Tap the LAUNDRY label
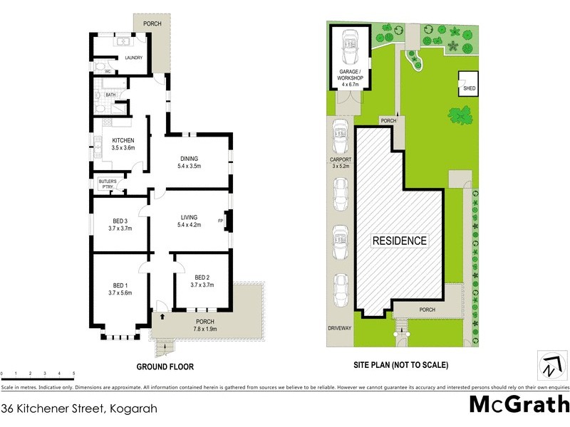133,58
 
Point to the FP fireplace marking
220,221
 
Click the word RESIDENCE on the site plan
400,241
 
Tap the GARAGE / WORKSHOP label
350,79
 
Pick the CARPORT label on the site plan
341,163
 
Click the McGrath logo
518,405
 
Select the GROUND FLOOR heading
165,367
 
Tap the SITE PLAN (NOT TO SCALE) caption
400,365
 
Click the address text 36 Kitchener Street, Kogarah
78,408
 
